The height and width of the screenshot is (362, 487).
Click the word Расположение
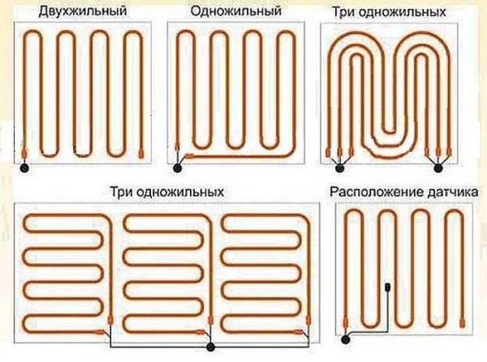click(x=377, y=192)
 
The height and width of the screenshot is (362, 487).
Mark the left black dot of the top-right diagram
click(x=338, y=168)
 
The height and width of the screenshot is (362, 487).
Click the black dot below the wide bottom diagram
click(x=211, y=347)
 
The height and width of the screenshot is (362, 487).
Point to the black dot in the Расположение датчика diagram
click(x=345, y=337)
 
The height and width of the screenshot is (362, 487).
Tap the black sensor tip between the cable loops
click(x=390, y=287)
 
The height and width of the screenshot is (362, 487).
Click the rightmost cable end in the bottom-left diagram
click(x=305, y=331)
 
